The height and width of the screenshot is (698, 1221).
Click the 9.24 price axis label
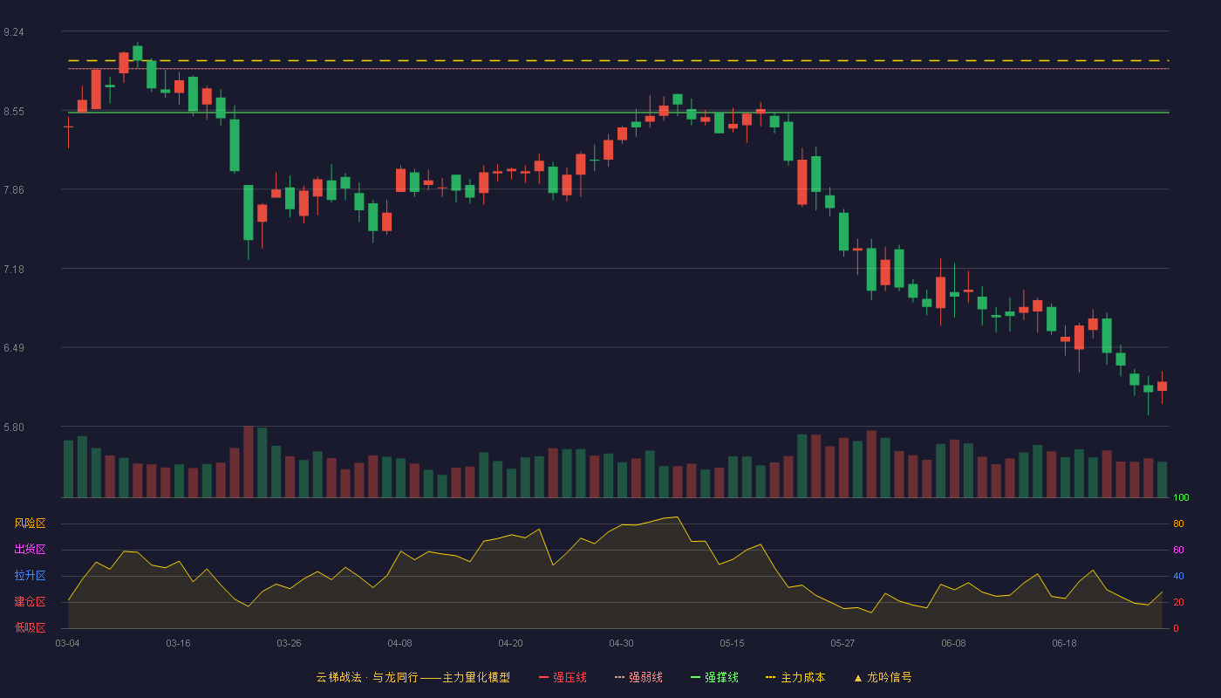click(x=14, y=32)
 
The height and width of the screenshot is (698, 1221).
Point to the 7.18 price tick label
click(x=14, y=270)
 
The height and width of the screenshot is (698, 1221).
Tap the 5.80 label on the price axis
click(x=14, y=428)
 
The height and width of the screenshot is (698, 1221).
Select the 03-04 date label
click(x=68, y=644)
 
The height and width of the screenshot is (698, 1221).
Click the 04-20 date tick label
click(x=510, y=644)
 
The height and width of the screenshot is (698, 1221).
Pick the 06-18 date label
click(x=1064, y=644)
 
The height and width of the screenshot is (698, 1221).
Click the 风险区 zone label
click(x=30, y=523)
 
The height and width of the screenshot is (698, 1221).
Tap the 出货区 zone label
click(x=30, y=549)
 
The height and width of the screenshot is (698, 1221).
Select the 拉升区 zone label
click(x=30, y=575)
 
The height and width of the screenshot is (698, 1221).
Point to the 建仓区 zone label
click(x=30, y=601)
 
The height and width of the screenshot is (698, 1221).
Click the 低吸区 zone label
click(x=30, y=627)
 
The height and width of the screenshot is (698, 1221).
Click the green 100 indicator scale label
click(x=1181, y=497)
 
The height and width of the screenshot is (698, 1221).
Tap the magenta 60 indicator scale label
click(x=1178, y=550)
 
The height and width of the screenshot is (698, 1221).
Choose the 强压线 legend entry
click(x=563, y=677)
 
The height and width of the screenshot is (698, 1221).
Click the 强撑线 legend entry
click(x=714, y=677)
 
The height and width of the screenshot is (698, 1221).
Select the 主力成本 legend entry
click(x=795, y=677)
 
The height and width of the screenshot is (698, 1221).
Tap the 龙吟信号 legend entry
click(x=883, y=677)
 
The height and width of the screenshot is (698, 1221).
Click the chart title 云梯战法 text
click(x=338, y=677)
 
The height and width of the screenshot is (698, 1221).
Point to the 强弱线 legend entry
click(x=638, y=677)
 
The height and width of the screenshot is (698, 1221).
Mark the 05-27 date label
click(x=842, y=644)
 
